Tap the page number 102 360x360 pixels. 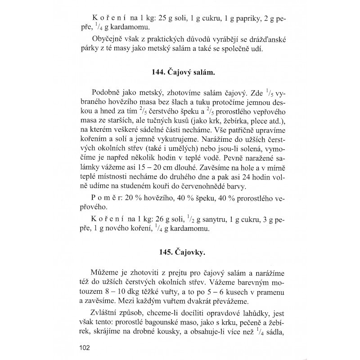coord(84,346)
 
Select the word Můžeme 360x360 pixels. coord(108,274)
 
